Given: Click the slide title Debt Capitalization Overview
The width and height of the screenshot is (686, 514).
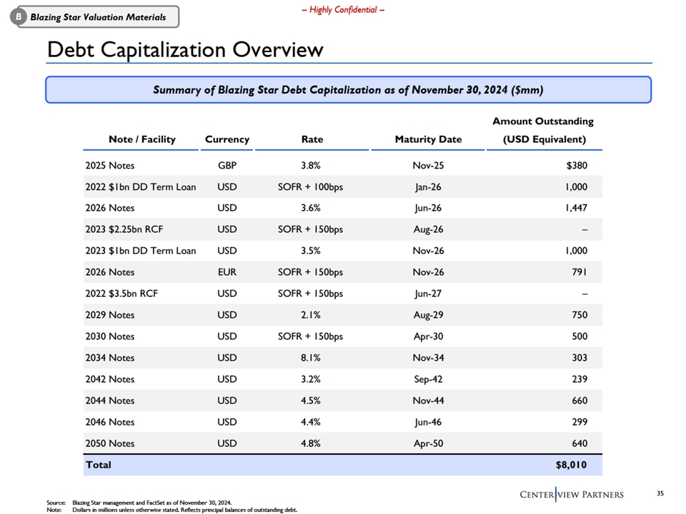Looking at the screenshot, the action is (185, 49).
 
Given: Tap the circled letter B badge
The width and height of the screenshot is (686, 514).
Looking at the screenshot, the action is (19, 17).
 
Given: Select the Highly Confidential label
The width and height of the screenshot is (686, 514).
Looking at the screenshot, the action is (343, 9).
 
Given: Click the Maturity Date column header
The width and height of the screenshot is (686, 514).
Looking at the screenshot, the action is (428, 139).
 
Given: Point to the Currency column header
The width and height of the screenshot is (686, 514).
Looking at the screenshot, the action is (227, 139).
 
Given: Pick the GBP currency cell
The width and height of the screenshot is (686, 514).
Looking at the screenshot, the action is (227, 166).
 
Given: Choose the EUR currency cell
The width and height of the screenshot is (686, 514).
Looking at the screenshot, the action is (227, 272).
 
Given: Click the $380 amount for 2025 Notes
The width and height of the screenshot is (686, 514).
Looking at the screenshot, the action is (577, 166).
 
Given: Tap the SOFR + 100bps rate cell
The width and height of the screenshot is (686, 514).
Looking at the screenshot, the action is (310, 187).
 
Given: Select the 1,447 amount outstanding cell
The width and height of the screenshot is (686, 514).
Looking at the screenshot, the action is (576, 208).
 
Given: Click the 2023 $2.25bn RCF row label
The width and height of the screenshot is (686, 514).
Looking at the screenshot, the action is (124, 229).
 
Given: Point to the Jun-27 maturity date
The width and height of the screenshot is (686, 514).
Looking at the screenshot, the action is (428, 293).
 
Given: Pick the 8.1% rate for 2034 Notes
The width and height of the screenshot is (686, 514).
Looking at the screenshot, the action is (310, 358).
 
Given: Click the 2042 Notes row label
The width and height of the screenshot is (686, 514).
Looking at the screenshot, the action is (110, 379).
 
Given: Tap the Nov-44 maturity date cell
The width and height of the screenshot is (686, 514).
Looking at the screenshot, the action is (428, 400).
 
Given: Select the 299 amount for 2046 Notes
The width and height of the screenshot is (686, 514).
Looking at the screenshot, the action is (580, 422).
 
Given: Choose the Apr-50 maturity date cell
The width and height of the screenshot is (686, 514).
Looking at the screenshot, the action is (428, 443).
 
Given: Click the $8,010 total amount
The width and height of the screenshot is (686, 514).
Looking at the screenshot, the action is (571, 465).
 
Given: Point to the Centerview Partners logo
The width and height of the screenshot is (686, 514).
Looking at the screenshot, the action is (572, 494).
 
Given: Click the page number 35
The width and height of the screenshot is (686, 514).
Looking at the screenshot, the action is (660, 493).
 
